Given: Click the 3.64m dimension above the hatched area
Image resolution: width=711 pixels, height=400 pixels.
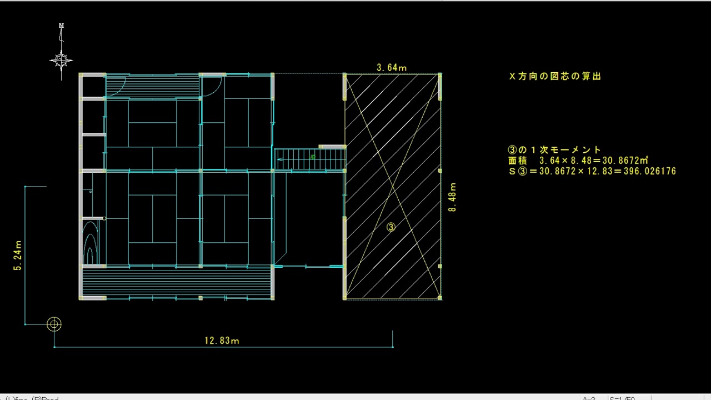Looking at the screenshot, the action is tap(392, 68).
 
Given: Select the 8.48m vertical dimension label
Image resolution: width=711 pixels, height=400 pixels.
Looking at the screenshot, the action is tap(452, 197).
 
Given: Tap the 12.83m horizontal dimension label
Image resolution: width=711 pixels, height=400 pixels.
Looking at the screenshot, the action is tap(222, 341).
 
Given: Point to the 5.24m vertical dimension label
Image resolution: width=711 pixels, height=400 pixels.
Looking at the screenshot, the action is tap(17, 256).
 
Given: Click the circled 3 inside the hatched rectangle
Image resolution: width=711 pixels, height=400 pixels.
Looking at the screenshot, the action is tap(390, 227).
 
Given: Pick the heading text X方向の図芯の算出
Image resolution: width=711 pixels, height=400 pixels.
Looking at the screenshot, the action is tap(555, 77).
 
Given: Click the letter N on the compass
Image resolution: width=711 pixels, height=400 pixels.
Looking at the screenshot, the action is tap(62, 26).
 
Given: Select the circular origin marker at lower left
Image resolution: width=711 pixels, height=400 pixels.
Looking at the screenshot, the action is tap(54, 324).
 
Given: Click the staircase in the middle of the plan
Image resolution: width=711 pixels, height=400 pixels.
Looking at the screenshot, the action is tap(310, 159).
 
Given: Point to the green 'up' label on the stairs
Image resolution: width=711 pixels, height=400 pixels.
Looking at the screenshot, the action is tap(312, 157).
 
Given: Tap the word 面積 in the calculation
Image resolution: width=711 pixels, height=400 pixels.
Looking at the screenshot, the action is tap(516, 161).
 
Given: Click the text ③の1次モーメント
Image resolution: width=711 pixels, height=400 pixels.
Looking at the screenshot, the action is tap(554, 150).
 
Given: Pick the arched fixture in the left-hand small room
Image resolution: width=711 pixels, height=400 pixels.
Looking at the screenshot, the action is tap(89, 244).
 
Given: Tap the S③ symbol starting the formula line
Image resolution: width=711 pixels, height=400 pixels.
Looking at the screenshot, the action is tap(517, 171).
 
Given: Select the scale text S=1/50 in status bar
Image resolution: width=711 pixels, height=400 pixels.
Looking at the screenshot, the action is tap(622, 398).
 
